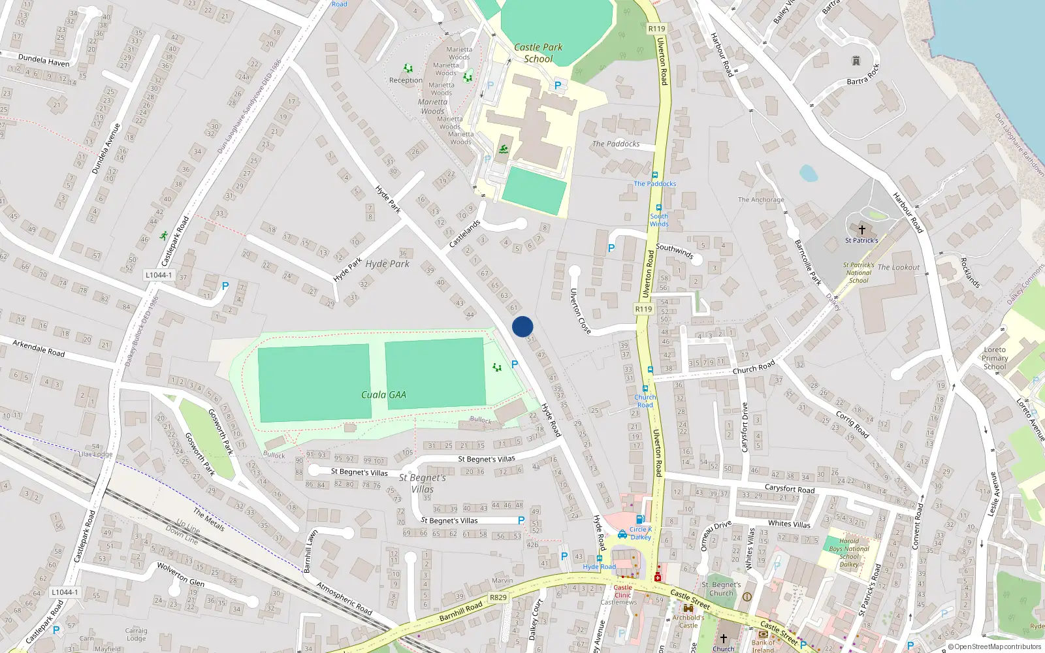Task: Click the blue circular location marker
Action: pos(522,326)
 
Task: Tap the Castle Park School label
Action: pos(538,53)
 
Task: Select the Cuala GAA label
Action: pos(383,394)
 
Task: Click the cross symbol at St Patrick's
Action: pos(861,230)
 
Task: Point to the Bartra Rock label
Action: pos(863,75)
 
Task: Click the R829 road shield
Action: pos(498,597)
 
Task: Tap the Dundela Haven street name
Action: pos(44,60)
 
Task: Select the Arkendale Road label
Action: pos(39,348)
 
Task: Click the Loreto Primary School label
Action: pos(995,358)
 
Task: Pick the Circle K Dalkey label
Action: pos(641,533)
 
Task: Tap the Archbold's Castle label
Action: pos(688,621)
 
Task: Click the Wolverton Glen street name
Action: pos(180,574)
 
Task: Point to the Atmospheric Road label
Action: pos(344,598)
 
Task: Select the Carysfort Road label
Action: pos(790,488)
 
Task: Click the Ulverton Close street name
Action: pos(580,311)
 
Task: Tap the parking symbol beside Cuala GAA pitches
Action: pos(515,364)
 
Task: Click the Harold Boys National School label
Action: pos(849,552)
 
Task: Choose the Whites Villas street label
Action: pos(789,524)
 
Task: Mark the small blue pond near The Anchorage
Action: pos(809,173)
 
